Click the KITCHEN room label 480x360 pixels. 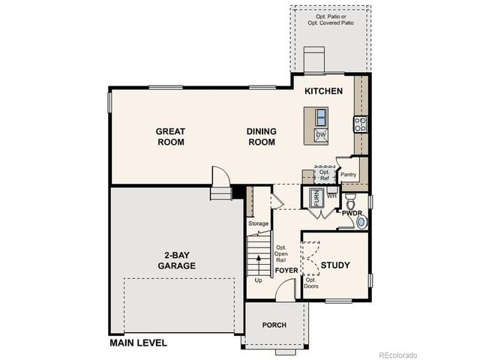323,91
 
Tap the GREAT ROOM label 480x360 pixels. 170,136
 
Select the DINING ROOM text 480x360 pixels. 262,136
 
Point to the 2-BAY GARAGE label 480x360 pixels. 177,259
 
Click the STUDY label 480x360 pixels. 335,265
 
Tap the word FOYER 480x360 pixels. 286,270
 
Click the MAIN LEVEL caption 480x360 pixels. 138,343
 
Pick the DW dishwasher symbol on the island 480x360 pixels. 320,135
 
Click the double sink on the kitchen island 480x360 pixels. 320,117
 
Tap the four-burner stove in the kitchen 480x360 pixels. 361,124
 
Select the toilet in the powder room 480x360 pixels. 350,202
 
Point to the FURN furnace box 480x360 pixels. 316,199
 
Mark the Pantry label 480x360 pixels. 348,175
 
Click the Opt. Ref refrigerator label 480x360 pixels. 324,175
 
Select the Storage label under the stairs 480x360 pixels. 258,223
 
